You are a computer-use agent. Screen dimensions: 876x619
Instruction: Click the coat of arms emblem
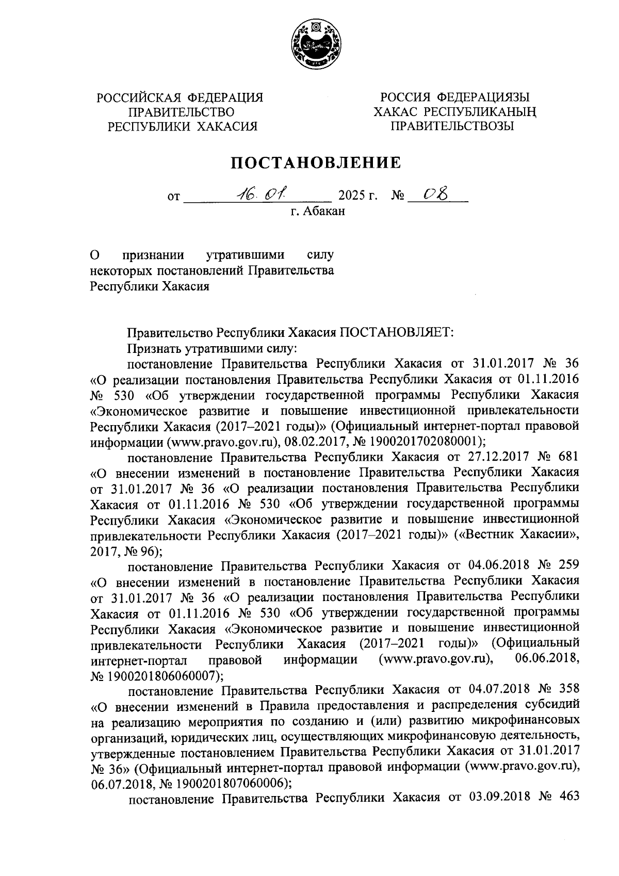[314, 46]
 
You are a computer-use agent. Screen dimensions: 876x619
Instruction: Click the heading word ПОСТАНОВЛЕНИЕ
[315, 163]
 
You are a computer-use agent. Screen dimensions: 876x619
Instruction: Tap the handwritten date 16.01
[262, 194]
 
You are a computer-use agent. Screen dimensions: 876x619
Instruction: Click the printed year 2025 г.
[357, 196]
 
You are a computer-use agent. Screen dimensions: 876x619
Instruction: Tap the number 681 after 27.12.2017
[566, 457]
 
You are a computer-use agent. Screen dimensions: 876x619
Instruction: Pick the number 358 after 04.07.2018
[566, 689]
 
